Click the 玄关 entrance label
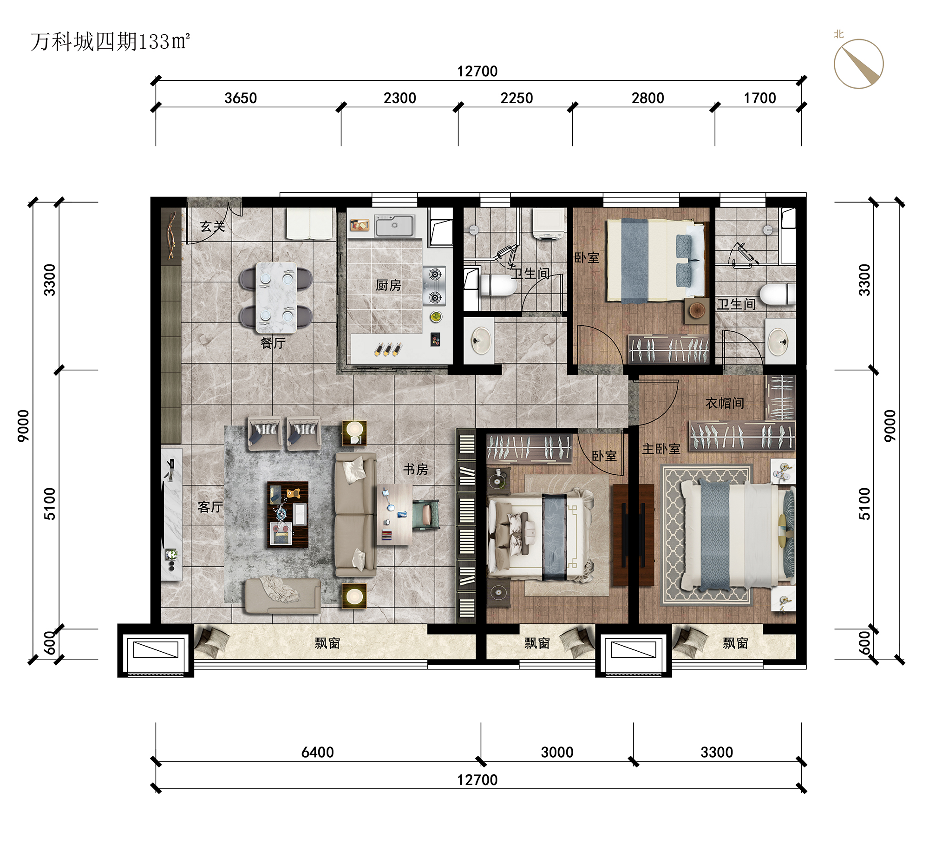point(212,226)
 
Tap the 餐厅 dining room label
point(273,343)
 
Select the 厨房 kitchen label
point(388,285)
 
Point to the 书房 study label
point(415,469)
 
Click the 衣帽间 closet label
point(724,403)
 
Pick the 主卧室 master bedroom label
point(661,449)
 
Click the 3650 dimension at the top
point(241,98)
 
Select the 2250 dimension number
point(517,98)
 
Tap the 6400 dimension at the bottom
point(318,753)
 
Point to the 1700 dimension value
point(760,98)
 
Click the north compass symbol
point(858,64)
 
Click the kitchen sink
point(394,226)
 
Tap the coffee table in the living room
point(288,514)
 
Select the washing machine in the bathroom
point(549,224)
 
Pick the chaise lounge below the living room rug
point(282,596)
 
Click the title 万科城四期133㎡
point(110,42)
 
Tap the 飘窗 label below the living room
point(327,643)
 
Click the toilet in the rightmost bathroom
point(777,295)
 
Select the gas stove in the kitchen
point(434,286)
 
